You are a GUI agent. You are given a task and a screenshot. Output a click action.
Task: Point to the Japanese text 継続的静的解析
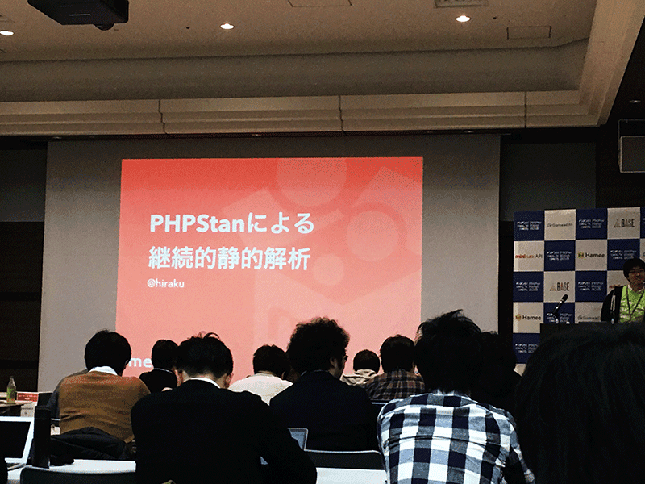click(229, 258)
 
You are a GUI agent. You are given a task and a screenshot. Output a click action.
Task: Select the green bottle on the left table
click(11, 389)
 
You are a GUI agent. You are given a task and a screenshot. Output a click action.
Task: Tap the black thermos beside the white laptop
click(41, 436)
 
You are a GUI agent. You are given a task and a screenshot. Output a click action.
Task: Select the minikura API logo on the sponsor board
click(529, 256)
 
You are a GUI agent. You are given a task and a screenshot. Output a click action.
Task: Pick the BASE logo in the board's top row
click(623, 223)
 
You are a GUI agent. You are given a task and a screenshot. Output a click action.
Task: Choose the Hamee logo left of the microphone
click(529, 317)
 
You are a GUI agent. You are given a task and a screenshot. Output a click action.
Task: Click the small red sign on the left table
click(27, 397)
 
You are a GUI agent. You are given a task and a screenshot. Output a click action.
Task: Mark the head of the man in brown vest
click(107, 351)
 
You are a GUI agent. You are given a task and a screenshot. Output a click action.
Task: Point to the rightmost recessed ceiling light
click(462, 18)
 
